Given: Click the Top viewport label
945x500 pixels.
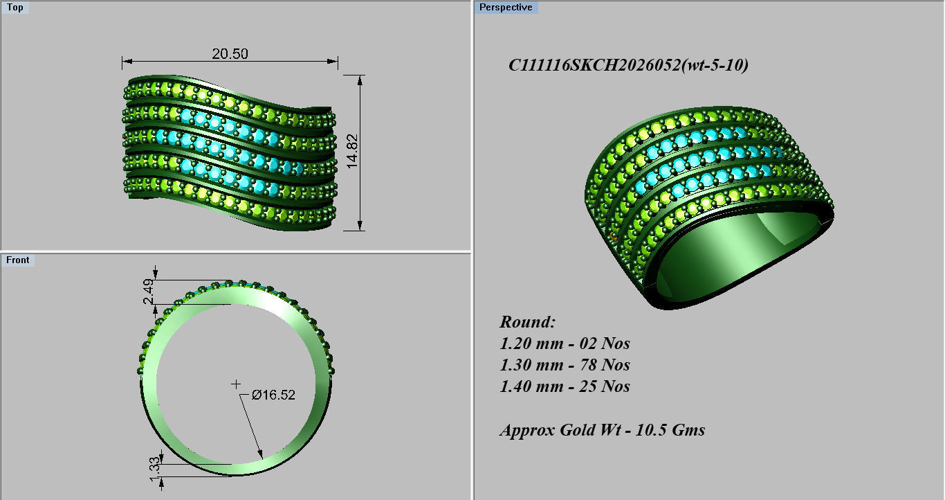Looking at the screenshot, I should tap(15, 8).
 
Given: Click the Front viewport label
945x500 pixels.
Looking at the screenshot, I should tap(18, 260).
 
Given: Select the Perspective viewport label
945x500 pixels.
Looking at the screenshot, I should tap(506, 8).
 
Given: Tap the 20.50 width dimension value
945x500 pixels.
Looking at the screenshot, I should tap(230, 54).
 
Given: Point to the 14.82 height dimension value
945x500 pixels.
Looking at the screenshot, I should tap(353, 153).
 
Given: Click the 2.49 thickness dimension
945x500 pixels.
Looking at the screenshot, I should tap(147, 292).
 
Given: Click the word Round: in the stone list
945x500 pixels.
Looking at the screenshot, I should tap(527, 322).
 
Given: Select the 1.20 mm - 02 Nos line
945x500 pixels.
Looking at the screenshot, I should tap(565, 343).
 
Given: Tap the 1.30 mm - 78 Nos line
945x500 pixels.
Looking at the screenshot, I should tap(565, 365).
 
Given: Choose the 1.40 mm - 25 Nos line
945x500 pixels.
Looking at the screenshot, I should tap(565, 386).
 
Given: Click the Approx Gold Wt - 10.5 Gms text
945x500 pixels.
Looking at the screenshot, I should tap(602, 430).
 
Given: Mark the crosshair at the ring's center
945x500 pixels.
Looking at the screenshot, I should tap(236, 384).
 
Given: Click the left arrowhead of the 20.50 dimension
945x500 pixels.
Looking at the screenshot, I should tap(125, 63).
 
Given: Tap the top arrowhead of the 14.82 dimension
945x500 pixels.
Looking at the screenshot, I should tap(360, 78).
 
